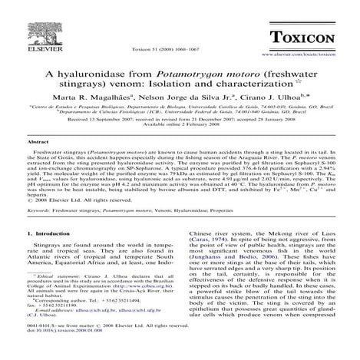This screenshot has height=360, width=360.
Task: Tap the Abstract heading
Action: (38, 143)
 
